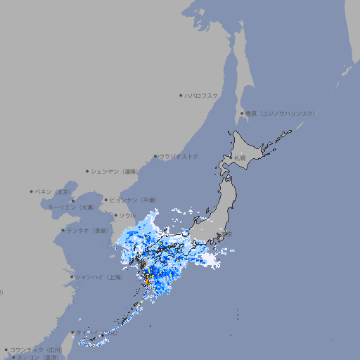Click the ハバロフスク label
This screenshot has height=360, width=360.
click(202, 95)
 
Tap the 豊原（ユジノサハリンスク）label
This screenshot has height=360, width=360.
click(280, 113)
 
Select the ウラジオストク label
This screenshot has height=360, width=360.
click(179, 156)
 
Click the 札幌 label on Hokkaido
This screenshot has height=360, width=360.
click(240, 158)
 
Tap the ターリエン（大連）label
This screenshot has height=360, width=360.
click(71, 207)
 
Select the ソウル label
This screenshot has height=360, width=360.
click(127, 215)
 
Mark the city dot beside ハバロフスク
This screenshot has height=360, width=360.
click(181, 95)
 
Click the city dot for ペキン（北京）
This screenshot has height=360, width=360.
click(32, 191)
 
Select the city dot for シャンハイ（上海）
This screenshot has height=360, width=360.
click(72, 277)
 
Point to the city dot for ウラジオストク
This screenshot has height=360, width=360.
click(155, 156)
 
